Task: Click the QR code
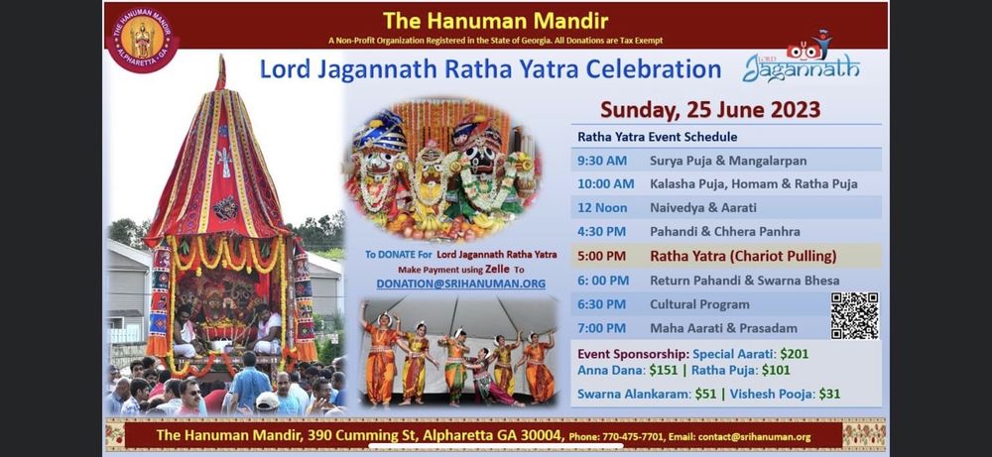point(854,316)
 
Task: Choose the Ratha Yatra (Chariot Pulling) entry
point(743,256)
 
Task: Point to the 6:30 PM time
point(602,304)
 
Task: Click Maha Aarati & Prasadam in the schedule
point(716,328)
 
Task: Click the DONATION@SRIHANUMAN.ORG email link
point(460,284)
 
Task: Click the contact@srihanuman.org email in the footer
point(762,436)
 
